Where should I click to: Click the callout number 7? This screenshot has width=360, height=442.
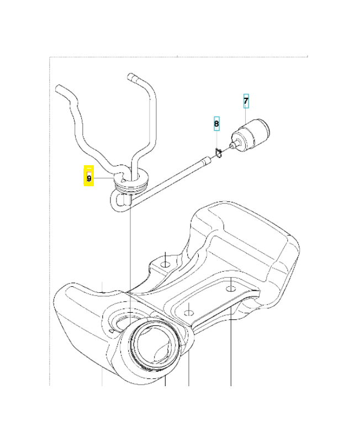tap(246, 101)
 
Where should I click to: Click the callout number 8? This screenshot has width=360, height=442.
tap(217, 125)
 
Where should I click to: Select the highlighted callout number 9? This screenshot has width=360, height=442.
tap(89, 178)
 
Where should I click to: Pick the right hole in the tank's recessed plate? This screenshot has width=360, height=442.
tap(231, 288)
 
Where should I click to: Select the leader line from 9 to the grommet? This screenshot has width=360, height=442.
tap(104, 178)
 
